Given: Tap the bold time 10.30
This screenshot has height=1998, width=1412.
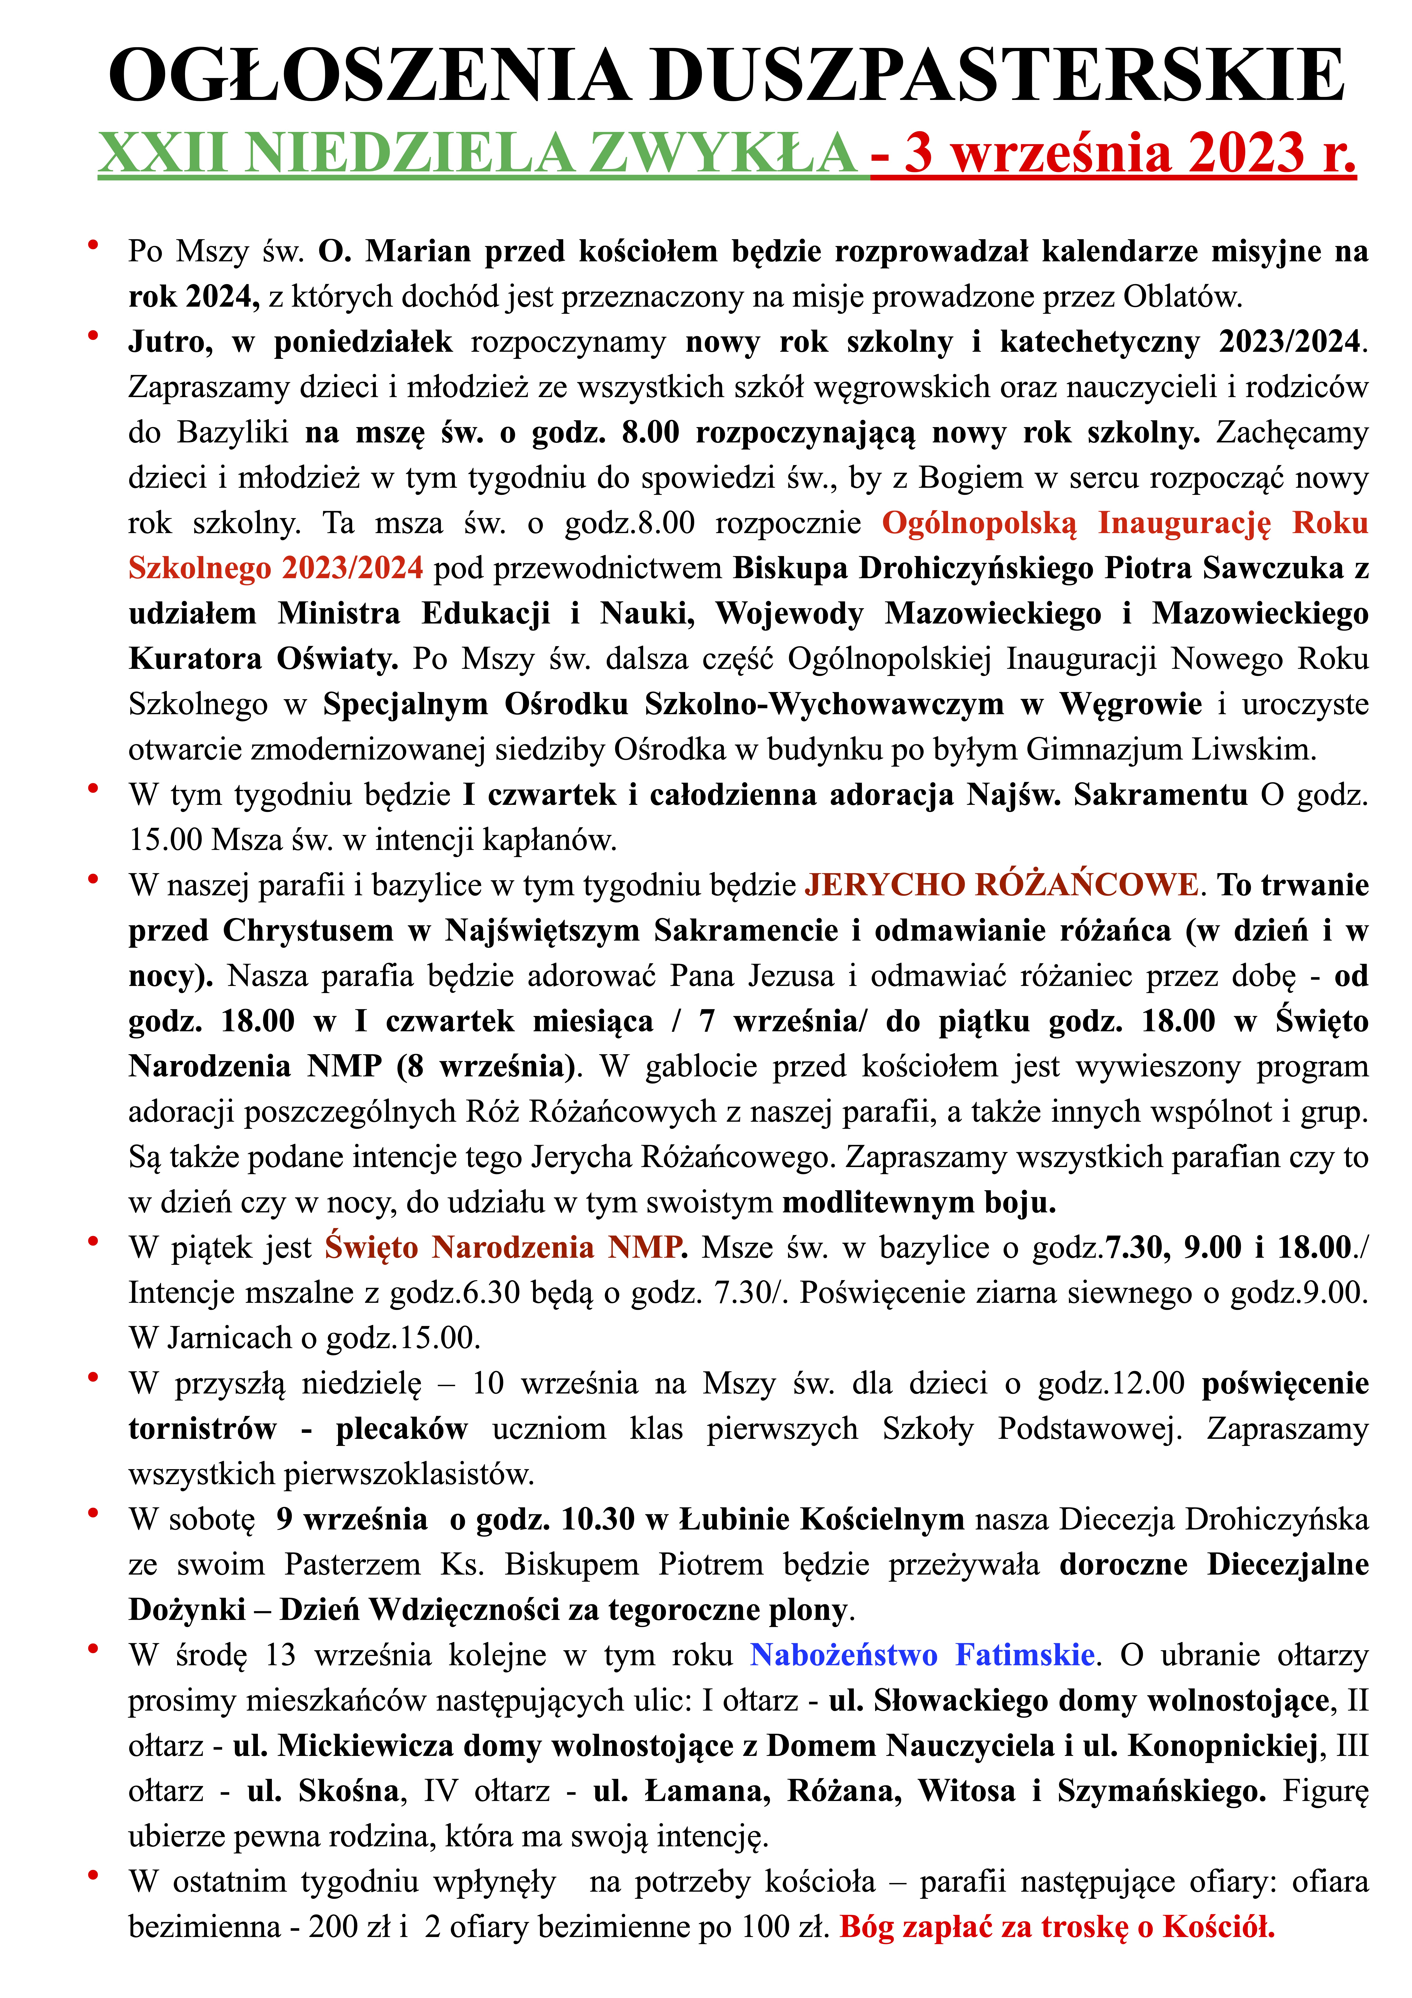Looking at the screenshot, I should pos(598,1519).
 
